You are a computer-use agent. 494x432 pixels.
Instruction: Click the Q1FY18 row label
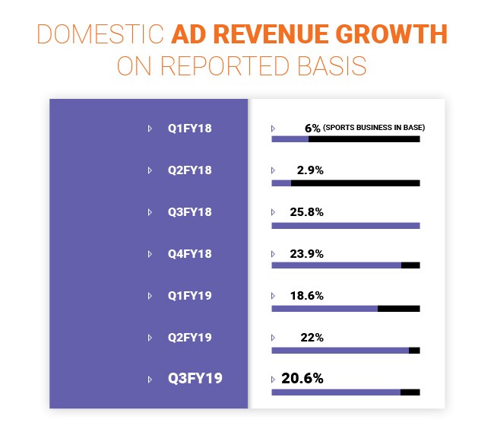189,129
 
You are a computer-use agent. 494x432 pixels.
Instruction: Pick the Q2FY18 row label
189,170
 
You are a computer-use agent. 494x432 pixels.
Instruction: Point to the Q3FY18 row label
189,212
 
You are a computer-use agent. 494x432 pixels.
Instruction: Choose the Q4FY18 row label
189,254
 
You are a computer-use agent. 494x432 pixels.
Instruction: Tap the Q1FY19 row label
189,296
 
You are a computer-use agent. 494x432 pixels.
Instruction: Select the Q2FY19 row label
189,337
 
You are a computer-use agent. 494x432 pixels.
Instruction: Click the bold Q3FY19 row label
195,378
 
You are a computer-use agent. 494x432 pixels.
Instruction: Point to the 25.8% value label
307,212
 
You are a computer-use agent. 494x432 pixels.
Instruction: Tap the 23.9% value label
307,254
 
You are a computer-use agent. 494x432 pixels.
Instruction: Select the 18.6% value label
307,296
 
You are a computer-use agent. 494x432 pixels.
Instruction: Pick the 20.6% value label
302,378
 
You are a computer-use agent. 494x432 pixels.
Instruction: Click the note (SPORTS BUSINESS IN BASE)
373,128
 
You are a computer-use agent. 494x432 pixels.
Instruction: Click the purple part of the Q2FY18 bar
281,183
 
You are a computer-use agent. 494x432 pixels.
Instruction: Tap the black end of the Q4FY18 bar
410,265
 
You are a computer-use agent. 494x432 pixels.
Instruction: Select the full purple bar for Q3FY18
345,225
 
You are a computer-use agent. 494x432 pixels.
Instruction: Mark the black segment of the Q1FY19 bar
398,308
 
